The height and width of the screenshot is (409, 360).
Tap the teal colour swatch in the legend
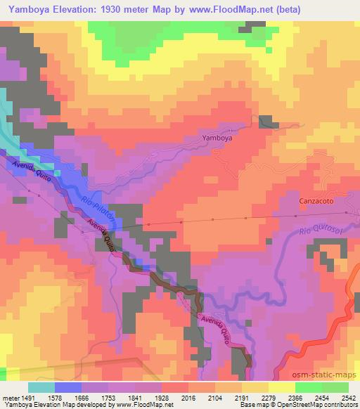[x=41, y=387]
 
